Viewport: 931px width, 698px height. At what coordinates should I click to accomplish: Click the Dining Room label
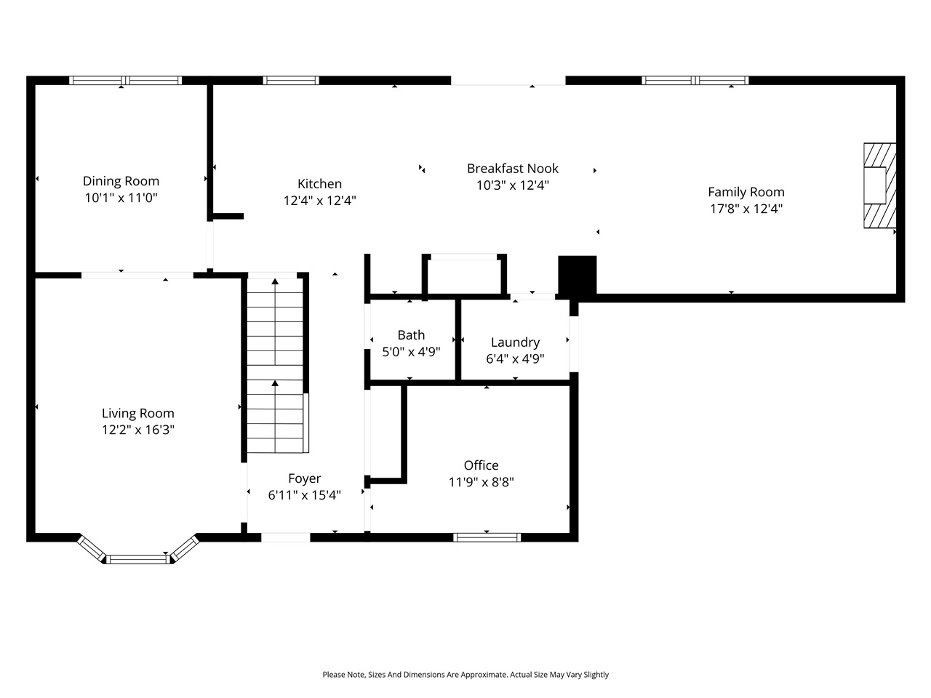click(x=121, y=181)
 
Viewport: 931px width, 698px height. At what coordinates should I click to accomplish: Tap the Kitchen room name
click(x=319, y=184)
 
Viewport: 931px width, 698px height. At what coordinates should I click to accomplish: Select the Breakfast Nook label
click(x=512, y=168)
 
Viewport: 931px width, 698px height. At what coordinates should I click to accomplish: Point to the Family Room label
click(x=746, y=192)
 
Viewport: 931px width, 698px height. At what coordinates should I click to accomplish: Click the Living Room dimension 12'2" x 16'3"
click(x=137, y=430)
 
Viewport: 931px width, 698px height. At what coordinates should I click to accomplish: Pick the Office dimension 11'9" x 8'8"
click(x=481, y=481)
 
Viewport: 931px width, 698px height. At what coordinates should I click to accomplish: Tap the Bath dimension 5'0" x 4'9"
click(x=411, y=351)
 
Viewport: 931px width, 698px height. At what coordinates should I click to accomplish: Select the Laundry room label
click(x=515, y=342)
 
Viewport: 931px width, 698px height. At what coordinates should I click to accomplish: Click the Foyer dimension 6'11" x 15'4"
click(x=304, y=494)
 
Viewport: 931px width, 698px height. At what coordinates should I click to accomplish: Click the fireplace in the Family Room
click(x=878, y=185)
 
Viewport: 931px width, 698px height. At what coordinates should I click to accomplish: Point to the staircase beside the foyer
click(x=275, y=364)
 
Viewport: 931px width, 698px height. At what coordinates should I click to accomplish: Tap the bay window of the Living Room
click(x=137, y=558)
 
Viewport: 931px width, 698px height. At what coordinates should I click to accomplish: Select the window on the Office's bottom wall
click(x=487, y=537)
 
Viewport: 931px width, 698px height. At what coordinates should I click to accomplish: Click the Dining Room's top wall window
click(x=125, y=81)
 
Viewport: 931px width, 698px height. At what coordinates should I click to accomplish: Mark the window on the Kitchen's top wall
click(x=291, y=81)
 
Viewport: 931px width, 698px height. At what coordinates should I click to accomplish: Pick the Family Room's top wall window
click(x=695, y=81)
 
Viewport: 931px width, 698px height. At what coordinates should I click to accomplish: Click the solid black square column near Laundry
click(x=578, y=275)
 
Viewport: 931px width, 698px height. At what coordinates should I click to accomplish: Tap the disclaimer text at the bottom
click(x=465, y=675)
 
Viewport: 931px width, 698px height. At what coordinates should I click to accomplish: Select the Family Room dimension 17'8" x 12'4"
click(x=746, y=209)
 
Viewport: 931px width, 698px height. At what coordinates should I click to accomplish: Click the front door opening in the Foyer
click(x=285, y=537)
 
